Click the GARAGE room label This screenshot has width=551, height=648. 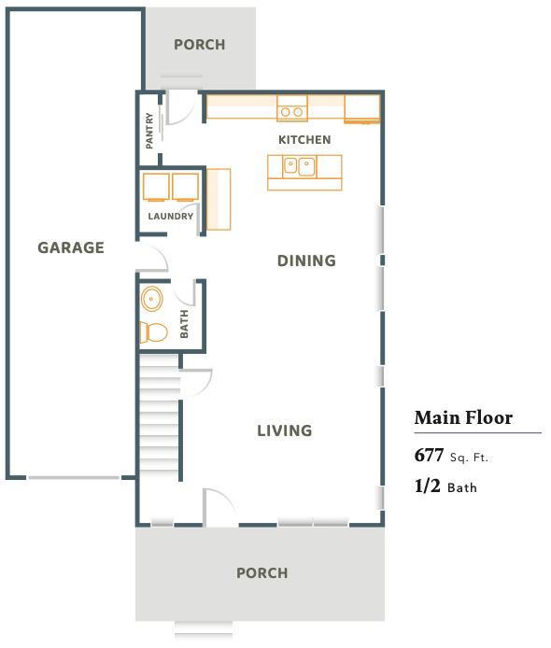[x=71, y=247]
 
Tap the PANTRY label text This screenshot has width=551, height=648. [x=149, y=131]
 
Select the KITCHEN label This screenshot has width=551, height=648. [x=304, y=140]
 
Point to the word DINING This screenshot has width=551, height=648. [x=306, y=261]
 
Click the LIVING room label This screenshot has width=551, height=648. [x=285, y=430]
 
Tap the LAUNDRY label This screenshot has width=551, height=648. [x=171, y=216]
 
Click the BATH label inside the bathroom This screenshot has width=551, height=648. [x=184, y=324]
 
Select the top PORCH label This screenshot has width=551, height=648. [x=200, y=45]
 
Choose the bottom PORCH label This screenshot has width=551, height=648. [x=262, y=572]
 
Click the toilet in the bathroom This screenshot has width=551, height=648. [x=154, y=332]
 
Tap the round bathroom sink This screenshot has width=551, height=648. [x=151, y=299]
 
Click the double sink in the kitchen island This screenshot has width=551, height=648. [x=299, y=166]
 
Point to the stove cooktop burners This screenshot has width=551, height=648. [x=291, y=112]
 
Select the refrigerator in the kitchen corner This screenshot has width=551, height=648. [x=362, y=108]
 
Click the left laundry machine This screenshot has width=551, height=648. [x=156, y=187]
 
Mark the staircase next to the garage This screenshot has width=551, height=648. [x=160, y=416]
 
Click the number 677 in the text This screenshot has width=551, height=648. [x=429, y=455]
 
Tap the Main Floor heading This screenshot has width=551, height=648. [x=463, y=417]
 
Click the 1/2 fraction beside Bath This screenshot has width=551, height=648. [x=428, y=486]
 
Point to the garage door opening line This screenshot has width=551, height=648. [x=74, y=478]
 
